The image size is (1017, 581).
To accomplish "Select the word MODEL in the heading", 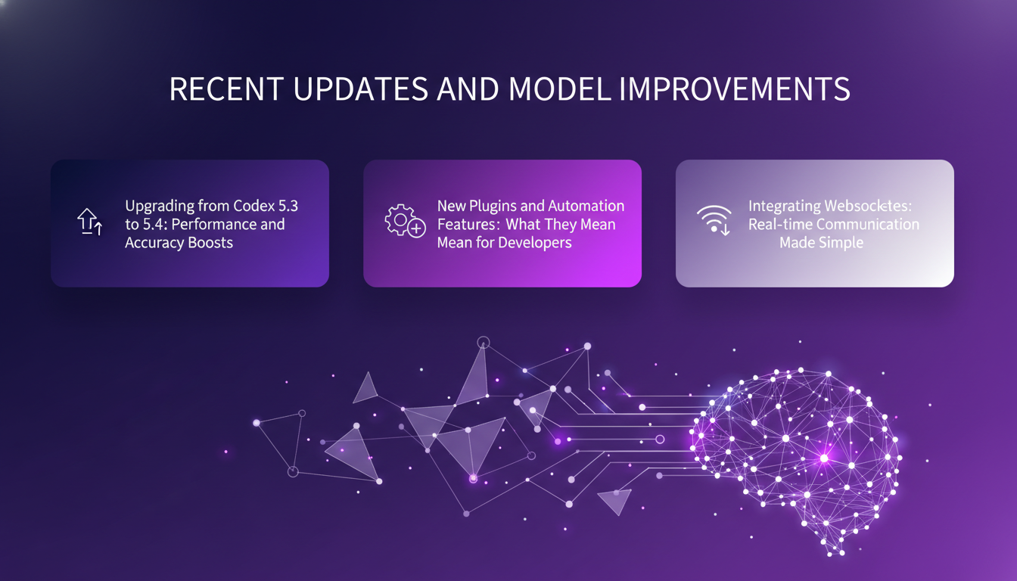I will (559, 89).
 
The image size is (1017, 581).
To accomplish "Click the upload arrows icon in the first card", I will (89, 222).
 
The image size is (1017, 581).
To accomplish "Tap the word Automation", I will (586, 206).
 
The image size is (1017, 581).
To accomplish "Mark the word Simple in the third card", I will (841, 243).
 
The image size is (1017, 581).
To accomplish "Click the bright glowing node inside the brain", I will (825, 458).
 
